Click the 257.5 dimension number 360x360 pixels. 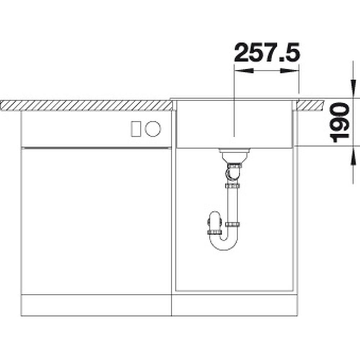[267, 52]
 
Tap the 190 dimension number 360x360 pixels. [339, 123]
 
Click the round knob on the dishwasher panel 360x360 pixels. [153, 129]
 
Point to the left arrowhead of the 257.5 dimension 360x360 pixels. [244, 71]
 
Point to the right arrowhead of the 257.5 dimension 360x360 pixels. [289, 71]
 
